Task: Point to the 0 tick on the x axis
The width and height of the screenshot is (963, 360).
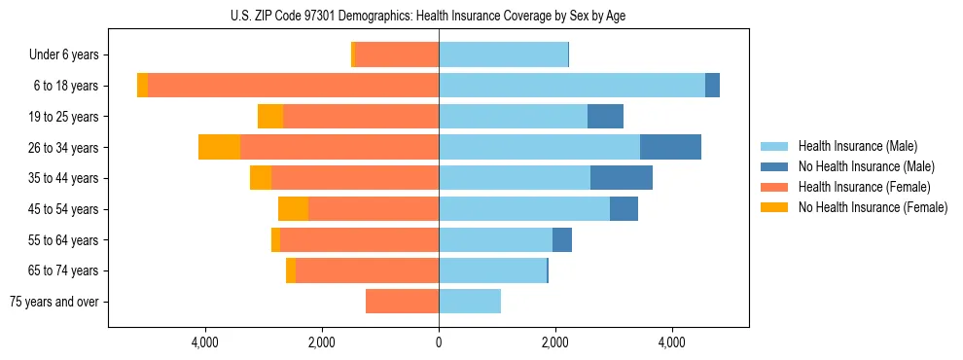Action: (x=439, y=342)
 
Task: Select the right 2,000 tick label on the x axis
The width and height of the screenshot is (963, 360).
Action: (x=555, y=342)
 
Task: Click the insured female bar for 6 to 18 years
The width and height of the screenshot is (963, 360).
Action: (x=293, y=86)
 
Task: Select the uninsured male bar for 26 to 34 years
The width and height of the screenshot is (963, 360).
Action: (x=670, y=147)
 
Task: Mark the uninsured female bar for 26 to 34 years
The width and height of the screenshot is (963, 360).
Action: (x=219, y=147)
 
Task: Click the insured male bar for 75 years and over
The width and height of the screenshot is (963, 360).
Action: (x=470, y=302)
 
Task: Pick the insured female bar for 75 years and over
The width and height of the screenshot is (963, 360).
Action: (x=402, y=302)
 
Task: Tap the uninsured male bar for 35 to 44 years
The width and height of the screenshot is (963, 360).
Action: (x=622, y=178)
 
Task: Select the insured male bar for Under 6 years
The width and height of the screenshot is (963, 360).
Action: (x=503, y=54)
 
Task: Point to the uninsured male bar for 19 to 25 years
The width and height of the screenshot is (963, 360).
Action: (x=605, y=117)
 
